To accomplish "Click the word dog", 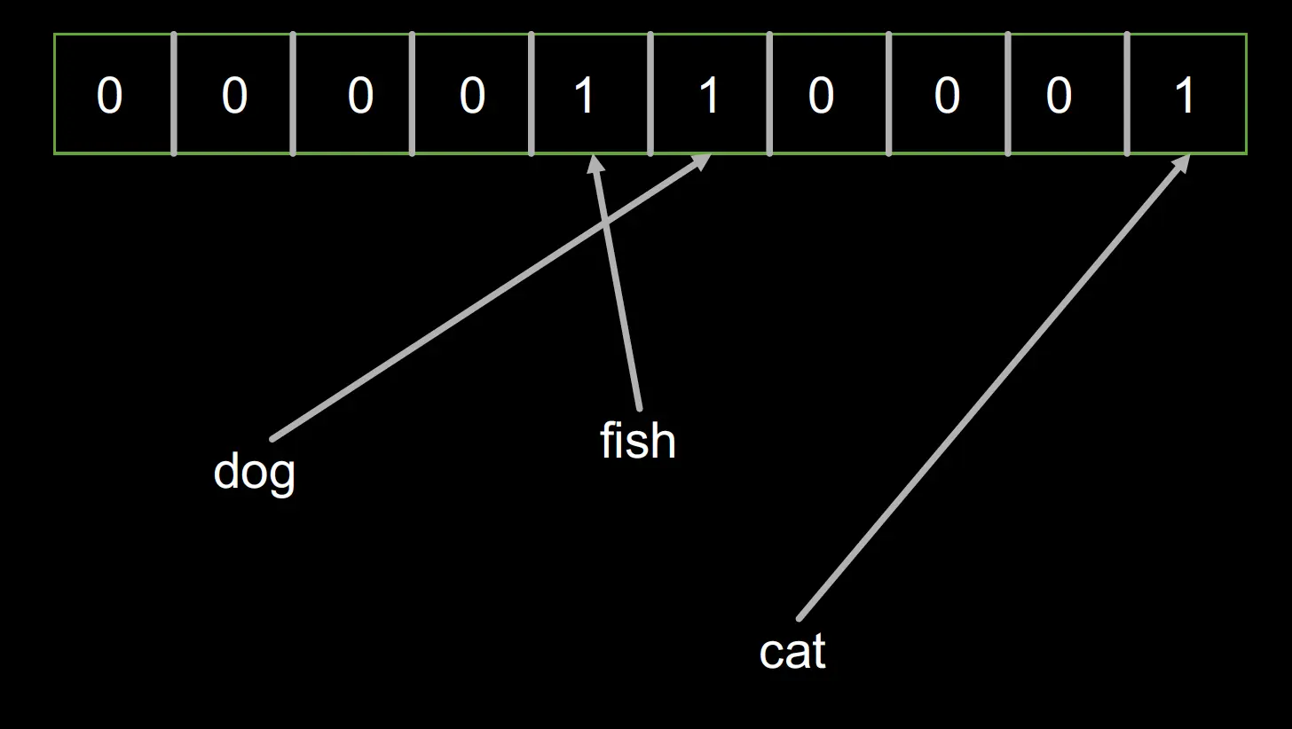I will (255, 471).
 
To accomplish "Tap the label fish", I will (637, 441).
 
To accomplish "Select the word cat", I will (792, 652).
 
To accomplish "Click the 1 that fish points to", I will (584, 95).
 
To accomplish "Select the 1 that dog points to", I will (708, 95).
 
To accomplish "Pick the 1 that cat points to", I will (1185, 95).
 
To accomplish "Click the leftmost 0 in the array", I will (109, 95).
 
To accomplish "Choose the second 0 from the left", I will (233, 95).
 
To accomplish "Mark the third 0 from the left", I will (359, 95).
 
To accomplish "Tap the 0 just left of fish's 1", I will (472, 95).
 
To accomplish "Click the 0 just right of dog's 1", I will (821, 95).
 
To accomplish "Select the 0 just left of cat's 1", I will (1059, 95).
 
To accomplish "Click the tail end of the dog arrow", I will (272, 438).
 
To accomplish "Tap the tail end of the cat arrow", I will (799, 618).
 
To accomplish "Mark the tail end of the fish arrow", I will (639, 409).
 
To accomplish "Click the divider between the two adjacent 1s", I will (650, 94).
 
